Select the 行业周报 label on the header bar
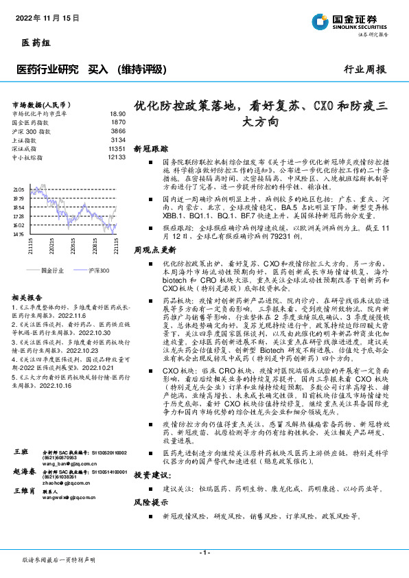point(364,69)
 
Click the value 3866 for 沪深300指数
point(118,130)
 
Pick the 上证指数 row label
point(25,139)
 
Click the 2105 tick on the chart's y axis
point(19,188)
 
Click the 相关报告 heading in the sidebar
point(28,297)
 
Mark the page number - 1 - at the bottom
point(204,553)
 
